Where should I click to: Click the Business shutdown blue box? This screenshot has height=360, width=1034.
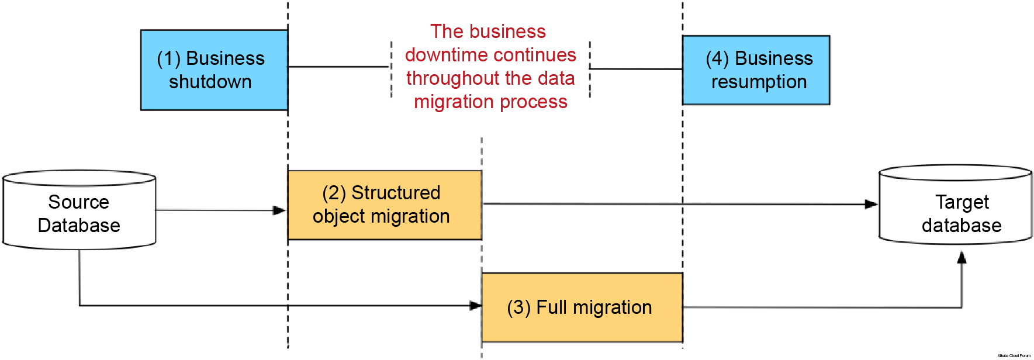coord(214,70)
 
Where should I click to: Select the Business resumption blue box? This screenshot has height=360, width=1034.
coord(756,70)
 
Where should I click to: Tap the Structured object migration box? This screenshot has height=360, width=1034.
coord(384,205)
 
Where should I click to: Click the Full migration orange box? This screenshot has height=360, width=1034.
coord(582,307)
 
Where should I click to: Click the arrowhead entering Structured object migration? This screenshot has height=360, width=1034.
coord(280,210)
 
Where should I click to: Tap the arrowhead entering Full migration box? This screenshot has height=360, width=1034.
coord(475,306)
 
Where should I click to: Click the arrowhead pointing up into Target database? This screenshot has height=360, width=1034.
coord(962,258)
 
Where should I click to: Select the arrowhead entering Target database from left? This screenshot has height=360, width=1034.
coord(871,204)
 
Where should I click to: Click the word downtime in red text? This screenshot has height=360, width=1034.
coord(439,55)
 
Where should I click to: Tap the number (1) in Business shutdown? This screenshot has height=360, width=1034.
coord(168,59)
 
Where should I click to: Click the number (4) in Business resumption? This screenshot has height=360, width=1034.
coord(717,59)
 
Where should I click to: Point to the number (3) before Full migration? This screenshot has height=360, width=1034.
coord(518,307)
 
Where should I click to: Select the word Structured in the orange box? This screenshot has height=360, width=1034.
coord(396,193)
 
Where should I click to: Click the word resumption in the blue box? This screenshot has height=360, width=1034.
coord(759,82)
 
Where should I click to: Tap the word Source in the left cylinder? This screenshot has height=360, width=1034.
coord(78,202)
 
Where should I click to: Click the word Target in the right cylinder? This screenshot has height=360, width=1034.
coord(962,202)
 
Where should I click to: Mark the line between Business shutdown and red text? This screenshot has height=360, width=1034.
coord(339,67)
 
